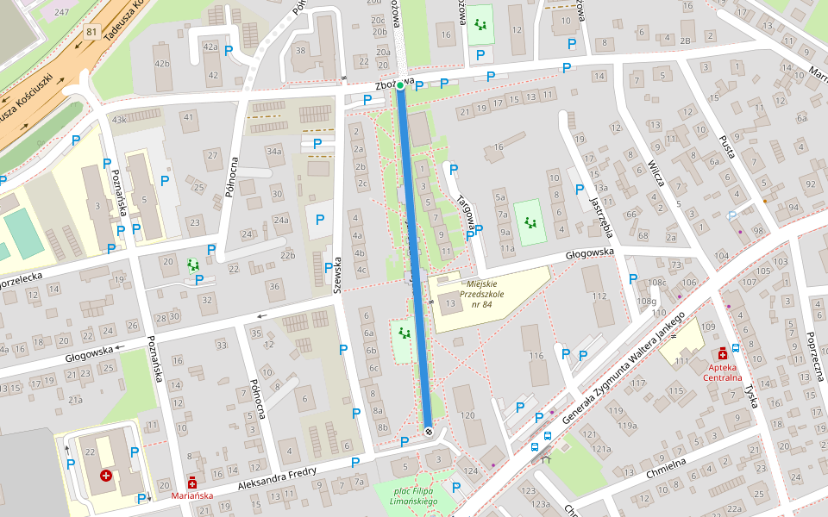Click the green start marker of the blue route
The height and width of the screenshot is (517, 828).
(x=400, y=85)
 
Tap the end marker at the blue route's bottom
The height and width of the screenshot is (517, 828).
(x=429, y=430)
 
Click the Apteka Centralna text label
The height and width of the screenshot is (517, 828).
(x=722, y=371)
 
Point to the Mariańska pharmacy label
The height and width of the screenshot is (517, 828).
(x=191, y=495)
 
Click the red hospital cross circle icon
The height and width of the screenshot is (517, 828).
(x=106, y=475)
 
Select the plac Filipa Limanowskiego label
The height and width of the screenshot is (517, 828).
(x=411, y=496)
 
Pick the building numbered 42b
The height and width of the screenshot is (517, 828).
(x=162, y=63)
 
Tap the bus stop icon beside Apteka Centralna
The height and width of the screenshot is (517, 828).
(x=735, y=348)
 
